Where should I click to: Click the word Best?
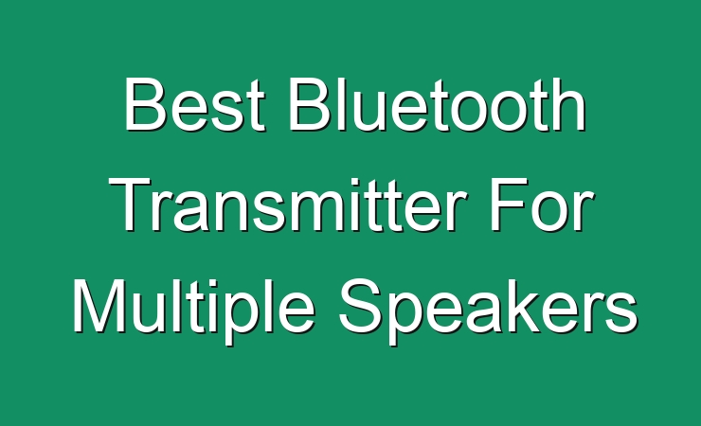pyautogui.click(x=194, y=104)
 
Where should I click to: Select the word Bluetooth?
pyautogui.click(x=438, y=104)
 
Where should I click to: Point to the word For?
pyautogui.click(x=542, y=204)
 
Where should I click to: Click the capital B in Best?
pyautogui.click(x=144, y=104)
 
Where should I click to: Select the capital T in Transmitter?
pyautogui.click(x=132, y=204)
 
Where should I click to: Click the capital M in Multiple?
pyautogui.click(x=99, y=306)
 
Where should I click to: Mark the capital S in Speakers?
pyautogui.click(x=360, y=306)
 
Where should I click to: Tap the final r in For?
pyautogui.click(x=584, y=212)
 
